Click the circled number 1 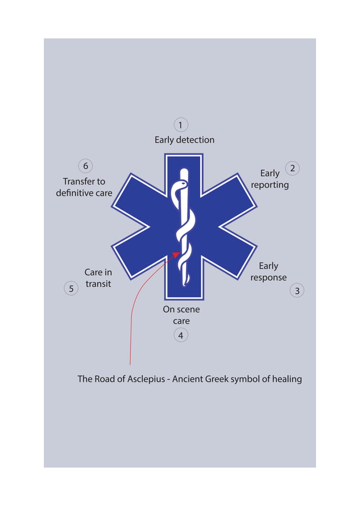(x=180, y=125)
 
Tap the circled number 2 (x=292, y=168)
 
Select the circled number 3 (x=297, y=291)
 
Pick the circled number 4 (x=181, y=335)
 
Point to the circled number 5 (x=71, y=289)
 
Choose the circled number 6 (x=85, y=166)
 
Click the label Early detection (x=185, y=140)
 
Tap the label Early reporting (x=270, y=179)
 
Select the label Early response (x=269, y=272)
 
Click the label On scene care (x=181, y=315)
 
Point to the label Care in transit (x=98, y=278)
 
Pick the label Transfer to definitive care (x=84, y=187)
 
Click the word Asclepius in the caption (x=143, y=379)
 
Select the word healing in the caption (x=287, y=379)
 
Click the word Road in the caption (x=106, y=379)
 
